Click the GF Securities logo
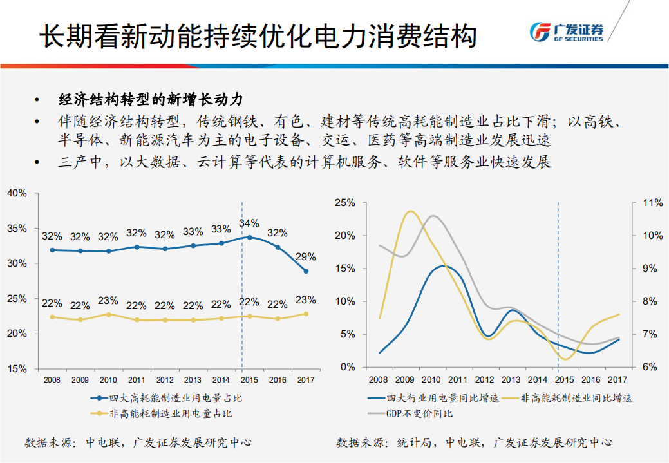(x=566, y=32)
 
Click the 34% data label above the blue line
(x=249, y=223)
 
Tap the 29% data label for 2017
(x=305, y=256)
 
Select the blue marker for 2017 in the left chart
(x=306, y=271)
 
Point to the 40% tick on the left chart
(x=17, y=193)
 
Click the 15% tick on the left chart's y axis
(x=17, y=369)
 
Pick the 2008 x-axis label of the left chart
(x=52, y=381)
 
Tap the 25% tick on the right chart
(x=346, y=203)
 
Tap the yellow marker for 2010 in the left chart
(x=109, y=315)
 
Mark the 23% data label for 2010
(x=108, y=300)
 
